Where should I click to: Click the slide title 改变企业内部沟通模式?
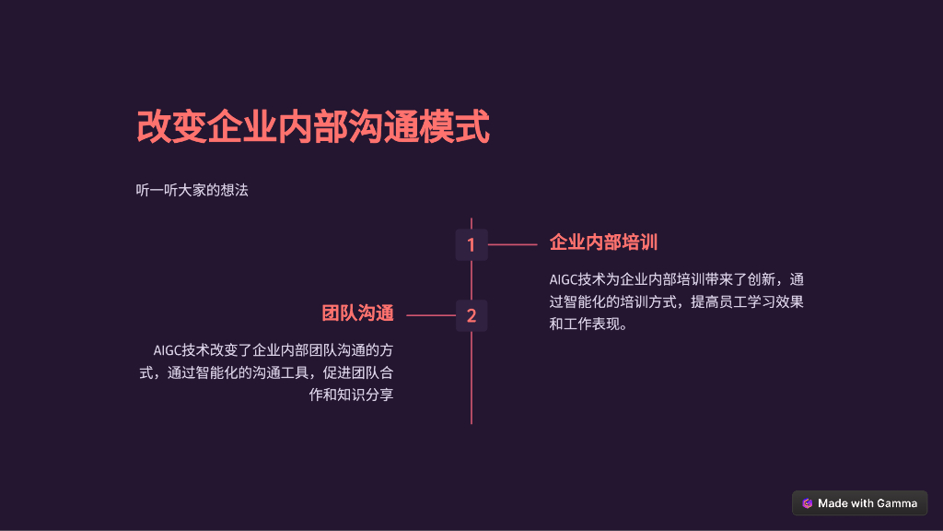point(313,127)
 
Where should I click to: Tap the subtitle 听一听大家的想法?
point(192,191)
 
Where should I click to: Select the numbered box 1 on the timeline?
point(471,245)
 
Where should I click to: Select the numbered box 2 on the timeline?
point(471,315)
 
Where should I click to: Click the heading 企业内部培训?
point(603,242)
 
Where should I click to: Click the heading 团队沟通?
point(357,313)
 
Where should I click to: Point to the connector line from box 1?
point(512,245)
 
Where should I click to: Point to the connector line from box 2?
point(430,315)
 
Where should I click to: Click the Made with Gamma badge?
point(859,503)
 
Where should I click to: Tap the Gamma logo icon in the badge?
point(807,503)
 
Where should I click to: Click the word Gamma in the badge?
point(897,503)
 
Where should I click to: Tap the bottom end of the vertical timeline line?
point(471,421)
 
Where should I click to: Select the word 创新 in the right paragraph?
point(759,279)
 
